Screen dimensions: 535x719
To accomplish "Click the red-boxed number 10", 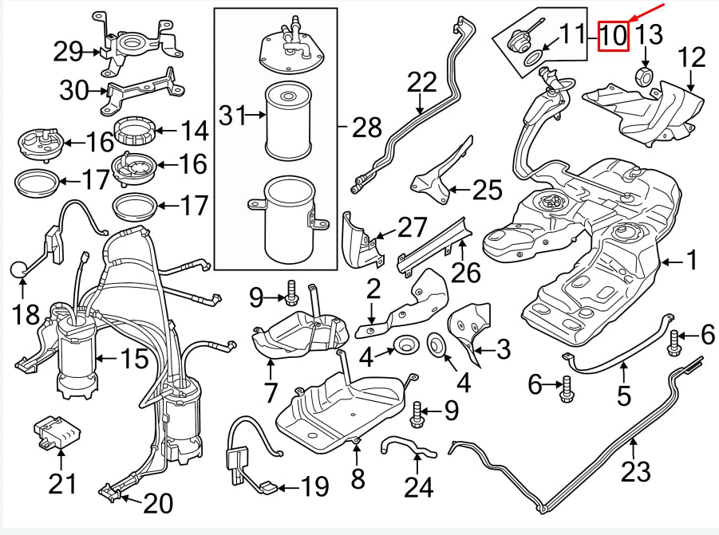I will click(614, 35).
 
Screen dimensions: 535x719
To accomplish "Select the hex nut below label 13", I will click(645, 77).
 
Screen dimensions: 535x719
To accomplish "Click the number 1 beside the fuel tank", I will click(692, 260).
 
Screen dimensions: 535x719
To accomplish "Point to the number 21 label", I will click(63, 483).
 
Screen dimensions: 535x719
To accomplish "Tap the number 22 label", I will click(423, 81).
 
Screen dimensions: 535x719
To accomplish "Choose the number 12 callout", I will click(692, 57).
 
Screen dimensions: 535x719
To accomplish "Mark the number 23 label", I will click(636, 472).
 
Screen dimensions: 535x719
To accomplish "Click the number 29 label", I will click(69, 53).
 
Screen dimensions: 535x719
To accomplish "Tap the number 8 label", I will click(358, 478).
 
